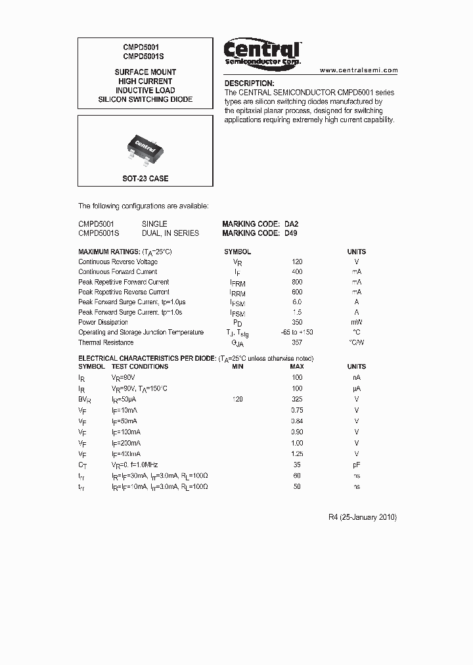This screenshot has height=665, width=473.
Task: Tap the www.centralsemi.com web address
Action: click(x=359, y=70)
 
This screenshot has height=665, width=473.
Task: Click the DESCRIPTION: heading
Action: click(x=249, y=83)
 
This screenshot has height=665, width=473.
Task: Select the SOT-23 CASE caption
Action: click(x=145, y=179)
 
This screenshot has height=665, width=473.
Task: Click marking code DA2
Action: click(x=291, y=223)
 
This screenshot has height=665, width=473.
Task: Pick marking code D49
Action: click(x=291, y=233)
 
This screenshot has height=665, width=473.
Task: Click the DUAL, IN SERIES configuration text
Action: click(x=170, y=233)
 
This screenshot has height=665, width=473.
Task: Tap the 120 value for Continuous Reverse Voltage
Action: click(x=297, y=262)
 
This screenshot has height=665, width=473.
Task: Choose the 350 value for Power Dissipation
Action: click(x=297, y=322)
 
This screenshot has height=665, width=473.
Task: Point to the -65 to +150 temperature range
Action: click(x=296, y=332)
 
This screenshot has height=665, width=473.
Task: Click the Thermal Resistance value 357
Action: click(x=297, y=342)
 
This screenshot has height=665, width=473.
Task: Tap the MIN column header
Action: click(x=238, y=367)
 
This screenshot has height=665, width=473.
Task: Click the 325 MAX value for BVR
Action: click(x=297, y=399)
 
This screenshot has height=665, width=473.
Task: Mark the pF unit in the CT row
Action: click(x=357, y=465)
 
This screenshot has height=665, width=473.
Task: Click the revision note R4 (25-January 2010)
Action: click(x=362, y=517)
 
